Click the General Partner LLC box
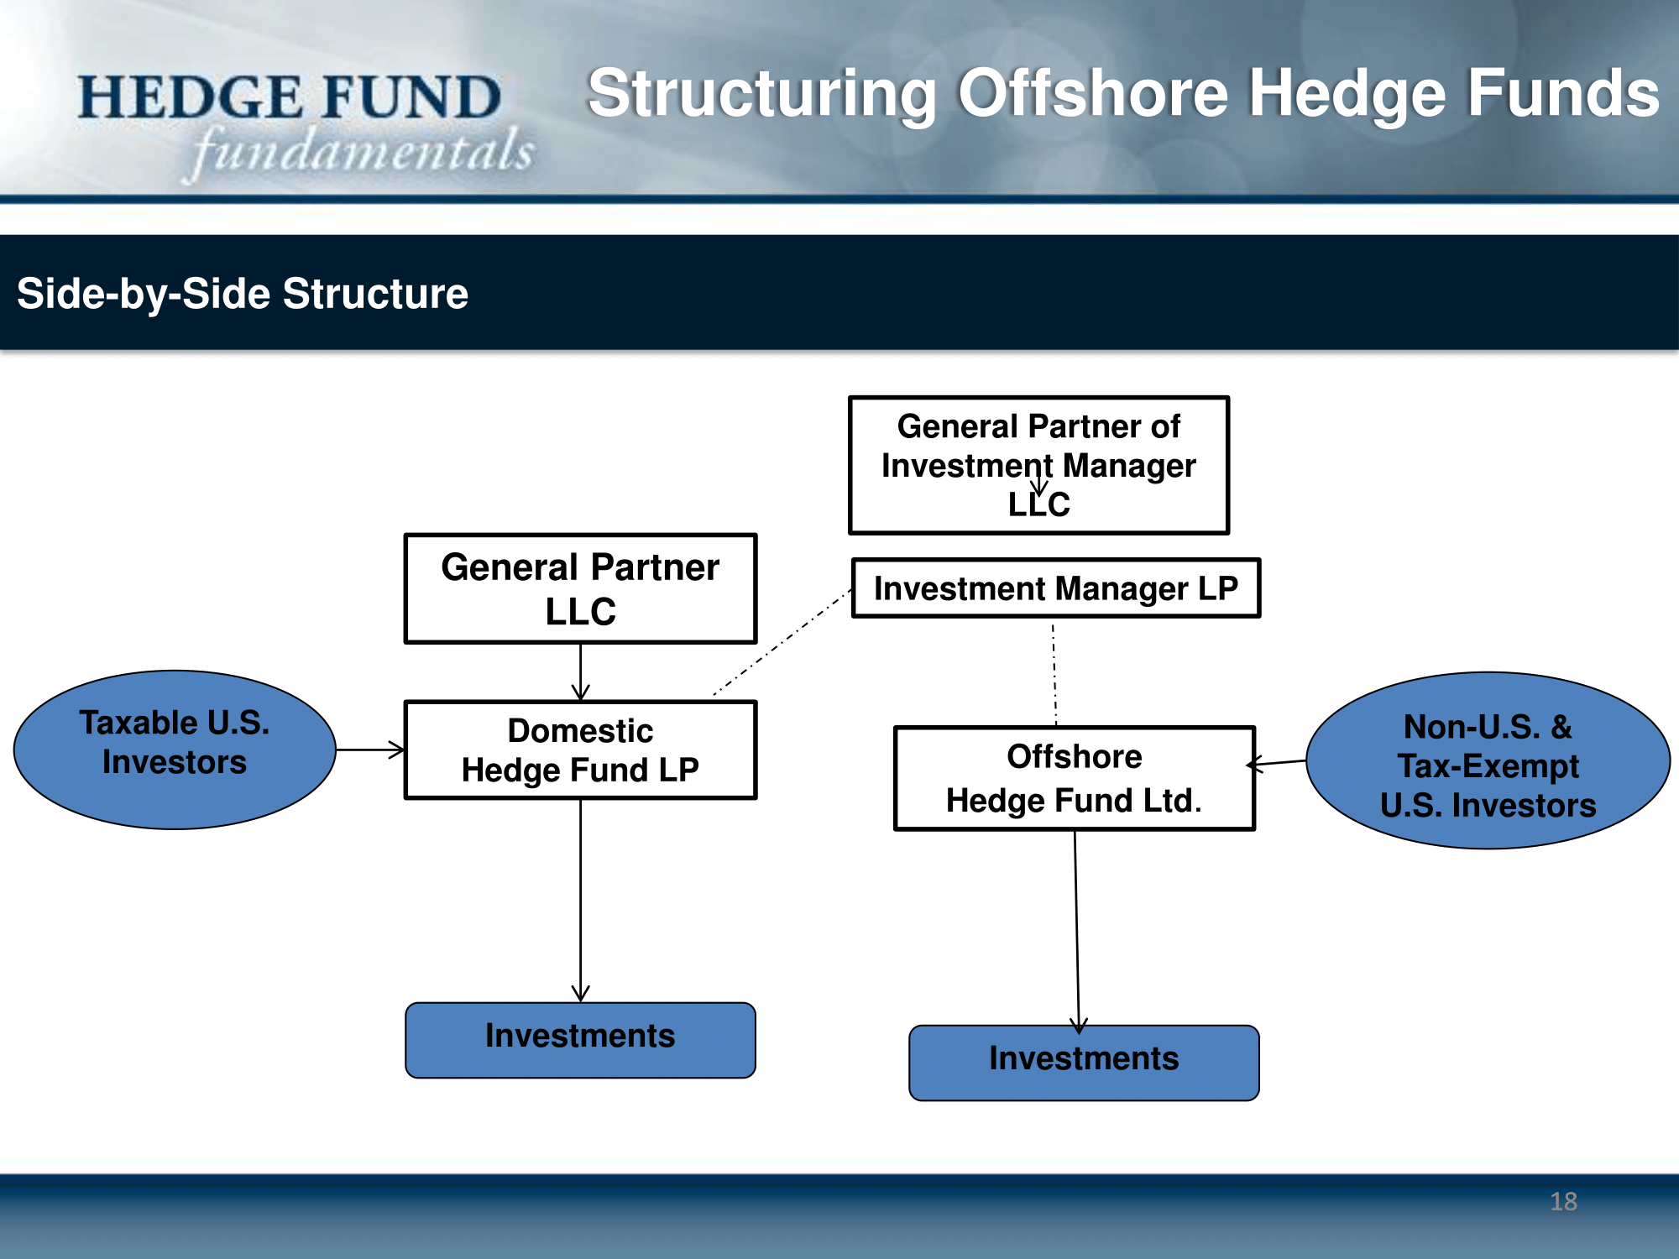pyautogui.click(x=580, y=588)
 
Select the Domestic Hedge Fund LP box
pyautogui.click(x=580, y=750)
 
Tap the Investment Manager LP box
pyautogui.click(x=1056, y=588)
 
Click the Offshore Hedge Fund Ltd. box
pyautogui.click(x=1075, y=778)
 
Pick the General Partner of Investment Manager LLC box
pyautogui.click(x=1039, y=465)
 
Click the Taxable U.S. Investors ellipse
pyautogui.click(x=175, y=750)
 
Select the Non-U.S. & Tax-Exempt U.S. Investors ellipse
pyautogui.click(x=1488, y=760)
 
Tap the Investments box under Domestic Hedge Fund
pyautogui.click(x=580, y=1040)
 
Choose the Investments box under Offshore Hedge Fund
pyautogui.click(x=1084, y=1063)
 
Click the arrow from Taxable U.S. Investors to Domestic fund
pyautogui.click(x=370, y=750)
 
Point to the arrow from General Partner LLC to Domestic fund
pyautogui.click(x=580, y=672)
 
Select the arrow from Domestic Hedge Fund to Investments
pyautogui.click(x=580, y=901)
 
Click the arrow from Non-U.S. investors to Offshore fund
pyautogui.click(x=1277, y=763)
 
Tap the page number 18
pyautogui.click(x=1563, y=1201)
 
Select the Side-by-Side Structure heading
pyautogui.click(x=243, y=294)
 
